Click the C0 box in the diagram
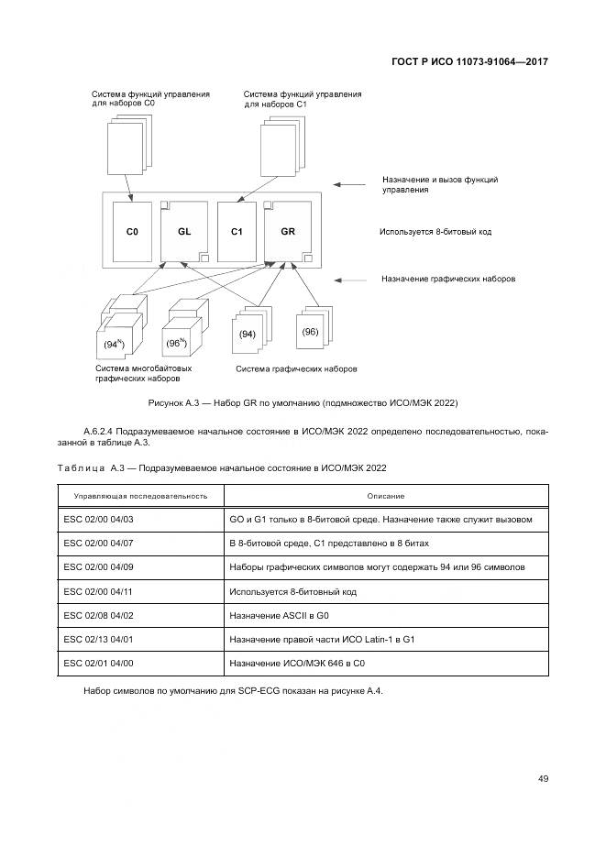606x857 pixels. (132, 233)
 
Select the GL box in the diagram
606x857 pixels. (184, 232)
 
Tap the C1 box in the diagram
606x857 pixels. (236, 233)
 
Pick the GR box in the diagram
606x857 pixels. (288, 232)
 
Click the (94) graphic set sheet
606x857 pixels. (248, 336)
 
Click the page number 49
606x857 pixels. (543, 779)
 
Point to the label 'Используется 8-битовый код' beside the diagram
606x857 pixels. (435, 232)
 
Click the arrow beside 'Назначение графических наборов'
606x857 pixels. (352, 279)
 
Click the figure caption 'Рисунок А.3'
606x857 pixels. (303, 403)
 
